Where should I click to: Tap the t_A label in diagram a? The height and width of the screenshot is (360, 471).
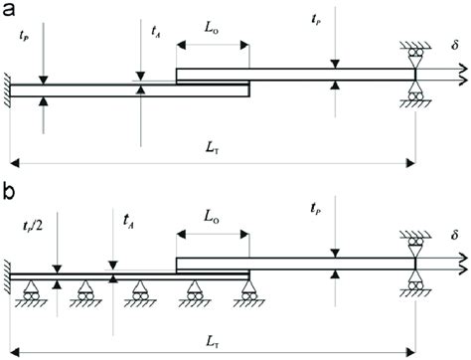coord(155,31)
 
